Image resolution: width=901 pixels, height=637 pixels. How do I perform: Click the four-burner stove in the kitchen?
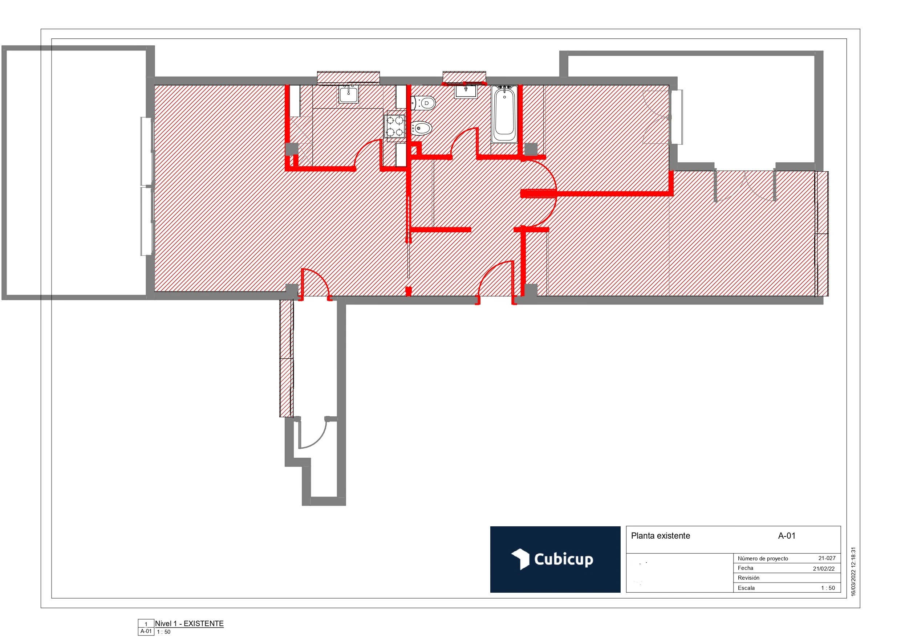click(394, 126)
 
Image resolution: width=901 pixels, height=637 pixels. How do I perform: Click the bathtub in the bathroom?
click(504, 114)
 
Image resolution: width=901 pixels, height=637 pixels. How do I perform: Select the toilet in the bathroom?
click(424, 103)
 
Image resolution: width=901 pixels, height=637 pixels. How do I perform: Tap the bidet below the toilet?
click(422, 128)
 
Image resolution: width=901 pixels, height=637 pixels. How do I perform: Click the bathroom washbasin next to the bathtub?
click(466, 91)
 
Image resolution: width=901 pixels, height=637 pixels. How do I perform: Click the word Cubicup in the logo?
click(564, 559)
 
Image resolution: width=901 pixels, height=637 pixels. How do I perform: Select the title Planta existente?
click(660, 536)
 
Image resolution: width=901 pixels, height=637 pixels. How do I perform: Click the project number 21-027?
click(827, 558)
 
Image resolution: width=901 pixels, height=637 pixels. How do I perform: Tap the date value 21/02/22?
click(824, 568)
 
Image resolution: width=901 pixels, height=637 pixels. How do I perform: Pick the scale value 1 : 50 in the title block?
click(828, 588)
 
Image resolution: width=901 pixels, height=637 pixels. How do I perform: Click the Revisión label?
click(748, 578)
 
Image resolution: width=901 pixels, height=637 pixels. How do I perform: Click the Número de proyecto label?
click(763, 559)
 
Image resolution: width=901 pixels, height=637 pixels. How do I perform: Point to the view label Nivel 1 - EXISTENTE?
click(189, 624)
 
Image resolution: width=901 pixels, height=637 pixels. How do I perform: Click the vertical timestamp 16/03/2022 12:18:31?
click(853, 572)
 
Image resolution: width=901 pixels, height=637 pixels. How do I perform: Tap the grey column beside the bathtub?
click(531, 149)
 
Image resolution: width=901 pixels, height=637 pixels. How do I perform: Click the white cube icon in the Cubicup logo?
click(520, 559)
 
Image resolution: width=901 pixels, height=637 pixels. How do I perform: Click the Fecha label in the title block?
click(745, 568)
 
